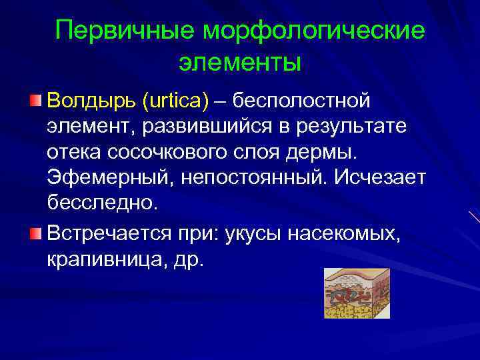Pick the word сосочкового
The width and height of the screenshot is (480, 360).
coord(171,151)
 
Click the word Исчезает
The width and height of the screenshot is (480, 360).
coord(380,177)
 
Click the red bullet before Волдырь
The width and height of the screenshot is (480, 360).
coord(35,101)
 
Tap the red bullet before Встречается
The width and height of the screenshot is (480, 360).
coord(35,233)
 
